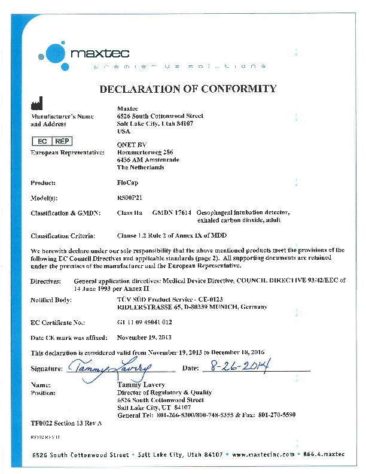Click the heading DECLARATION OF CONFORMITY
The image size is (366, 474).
click(x=188, y=89)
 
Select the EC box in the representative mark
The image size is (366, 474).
click(x=42, y=142)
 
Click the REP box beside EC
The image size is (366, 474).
click(x=62, y=142)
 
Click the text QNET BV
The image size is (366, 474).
click(x=132, y=144)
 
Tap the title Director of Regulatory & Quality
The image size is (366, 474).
click(x=164, y=393)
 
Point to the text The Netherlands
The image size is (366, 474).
click(x=141, y=168)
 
